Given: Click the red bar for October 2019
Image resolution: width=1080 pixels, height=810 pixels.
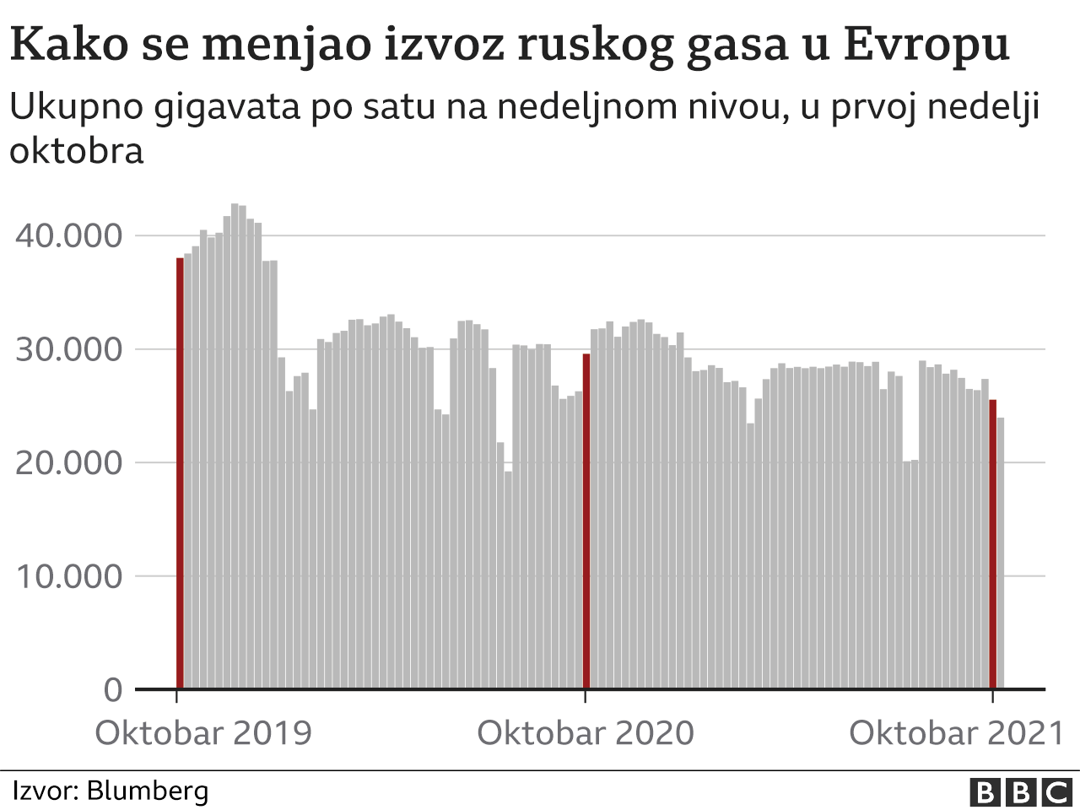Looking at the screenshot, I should [x=180, y=472].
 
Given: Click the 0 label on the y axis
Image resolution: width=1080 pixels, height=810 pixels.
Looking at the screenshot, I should [x=113, y=690].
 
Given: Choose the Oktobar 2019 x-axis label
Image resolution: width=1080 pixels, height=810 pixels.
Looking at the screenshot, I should [x=203, y=732].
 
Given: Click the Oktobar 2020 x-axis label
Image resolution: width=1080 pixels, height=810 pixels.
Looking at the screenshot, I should [x=586, y=732].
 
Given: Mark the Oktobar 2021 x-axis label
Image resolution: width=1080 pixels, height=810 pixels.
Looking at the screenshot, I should [x=957, y=732].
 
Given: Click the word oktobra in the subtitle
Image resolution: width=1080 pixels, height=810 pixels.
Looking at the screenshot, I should [x=77, y=151].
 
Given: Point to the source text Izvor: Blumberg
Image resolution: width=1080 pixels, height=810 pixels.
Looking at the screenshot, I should [x=110, y=791].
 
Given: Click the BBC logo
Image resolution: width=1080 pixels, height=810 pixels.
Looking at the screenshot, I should [x=1020, y=792].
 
